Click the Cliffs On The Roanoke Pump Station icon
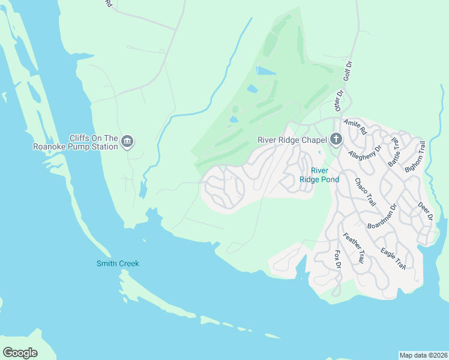click(x=127, y=142)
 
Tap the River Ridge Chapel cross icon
click(x=336, y=140)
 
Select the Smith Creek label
click(x=118, y=263)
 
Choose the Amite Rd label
click(x=355, y=127)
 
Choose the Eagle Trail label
click(x=393, y=259)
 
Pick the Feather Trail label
click(x=353, y=249)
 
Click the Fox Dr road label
click(x=337, y=260)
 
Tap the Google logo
click(x=20, y=353)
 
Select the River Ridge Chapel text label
click(x=292, y=140)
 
